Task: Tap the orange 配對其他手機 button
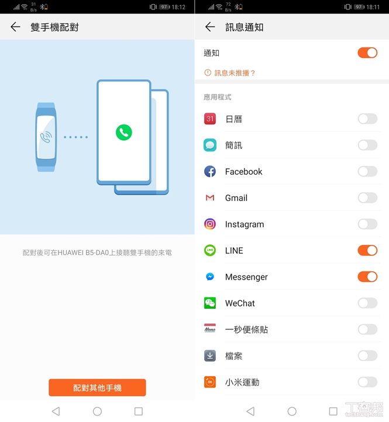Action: pyautogui.click(x=97, y=387)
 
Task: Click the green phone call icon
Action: pyautogui.click(x=124, y=132)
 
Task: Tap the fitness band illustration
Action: pyautogui.click(x=46, y=137)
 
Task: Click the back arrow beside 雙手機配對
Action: pyautogui.click(x=15, y=27)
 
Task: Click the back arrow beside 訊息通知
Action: pyautogui.click(x=210, y=27)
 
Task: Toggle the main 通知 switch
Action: pyautogui.click(x=367, y=53)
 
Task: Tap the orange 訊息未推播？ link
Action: pyautogui.click(x=229, y=73)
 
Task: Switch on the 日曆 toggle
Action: pyautogui.click(x=367, y=118)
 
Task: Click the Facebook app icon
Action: pyautogui.click(x=210, y=171)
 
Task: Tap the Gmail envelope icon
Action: pyautogui.click(x=210, y=198)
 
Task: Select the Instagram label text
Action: pyautogui.click(x=245, y=224)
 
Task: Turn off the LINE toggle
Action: pyautogui.click(x=367, y=250)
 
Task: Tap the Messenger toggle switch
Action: pyautogui.click(x=367, y=277)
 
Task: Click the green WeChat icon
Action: pyautogui.click(x=210, y=303)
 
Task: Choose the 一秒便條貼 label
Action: pyautogui.click(x=246, y=329)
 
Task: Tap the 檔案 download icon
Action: pyautogui.click(x=210, y=356)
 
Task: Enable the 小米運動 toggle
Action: pyautogui.click(x=367, y=382)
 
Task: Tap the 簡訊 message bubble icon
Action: pyautogui.click(x=210, y=145)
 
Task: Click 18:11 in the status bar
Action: pyautogui.click(x=373, y=7)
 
